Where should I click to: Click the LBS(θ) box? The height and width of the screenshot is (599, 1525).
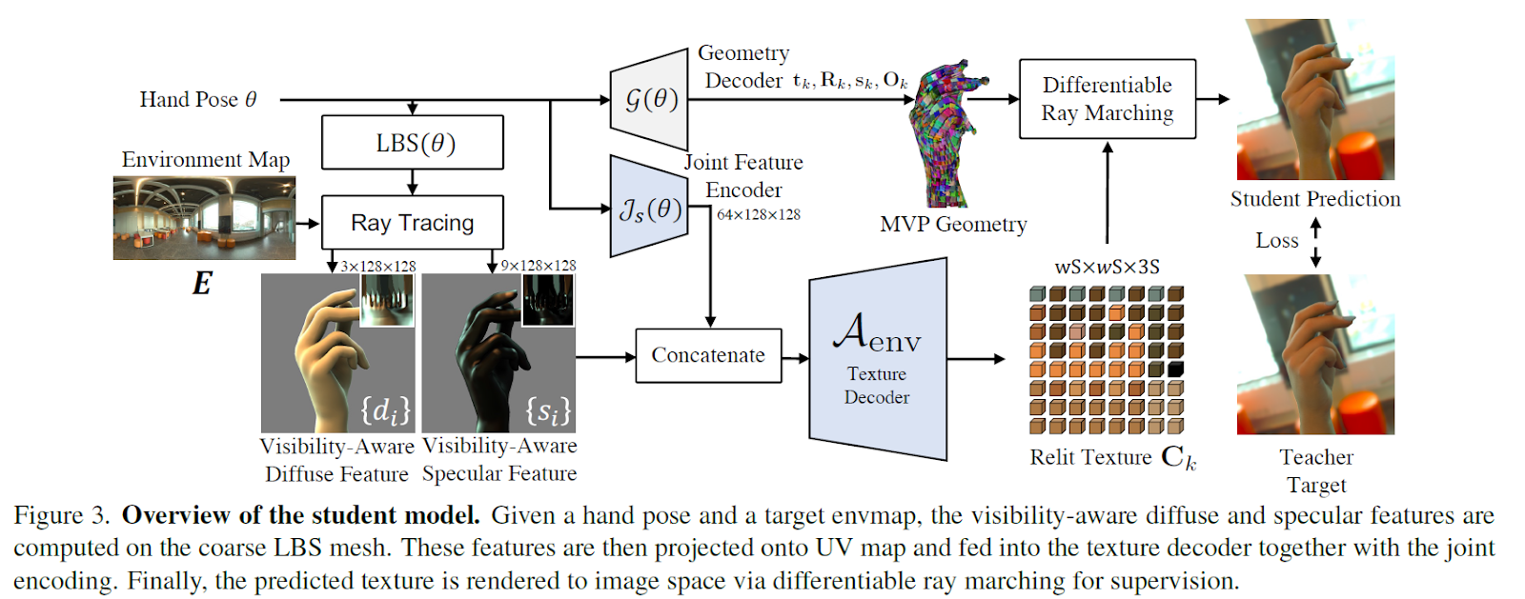[x=412, y=143]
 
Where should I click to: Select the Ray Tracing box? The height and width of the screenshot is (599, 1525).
[x=412, y=223]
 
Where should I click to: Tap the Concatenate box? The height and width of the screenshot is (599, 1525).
[x=708, y=355]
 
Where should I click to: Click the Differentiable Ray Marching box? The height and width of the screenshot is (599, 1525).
[x=1107, y=99]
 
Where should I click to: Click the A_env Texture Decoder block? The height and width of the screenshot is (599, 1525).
[x=877, y=359]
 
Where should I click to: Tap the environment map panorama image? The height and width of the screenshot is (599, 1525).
[x=204, y=218]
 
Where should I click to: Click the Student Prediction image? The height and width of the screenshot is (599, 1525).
[x=1315, y=100]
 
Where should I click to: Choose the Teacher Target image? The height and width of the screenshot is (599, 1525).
[x=1315, y=354]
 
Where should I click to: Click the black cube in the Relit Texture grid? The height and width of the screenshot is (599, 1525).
[x=1175, y=369]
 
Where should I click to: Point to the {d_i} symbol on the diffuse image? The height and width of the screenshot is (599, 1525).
[x=385, y=410]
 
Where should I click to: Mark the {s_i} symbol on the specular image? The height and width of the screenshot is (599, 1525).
[x=548, y=410]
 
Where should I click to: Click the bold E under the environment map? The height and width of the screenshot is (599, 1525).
[x=202, y=284]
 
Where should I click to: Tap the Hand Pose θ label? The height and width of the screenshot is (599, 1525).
[x=198, y=99]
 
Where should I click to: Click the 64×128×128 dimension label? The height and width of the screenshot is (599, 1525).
[x=759, y=215]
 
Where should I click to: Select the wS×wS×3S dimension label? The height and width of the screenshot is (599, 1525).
[x=1107, y=267]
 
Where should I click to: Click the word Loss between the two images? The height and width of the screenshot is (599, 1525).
[x=1276, y=241]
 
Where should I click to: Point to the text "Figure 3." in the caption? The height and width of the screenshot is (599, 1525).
[x=62, y=516]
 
